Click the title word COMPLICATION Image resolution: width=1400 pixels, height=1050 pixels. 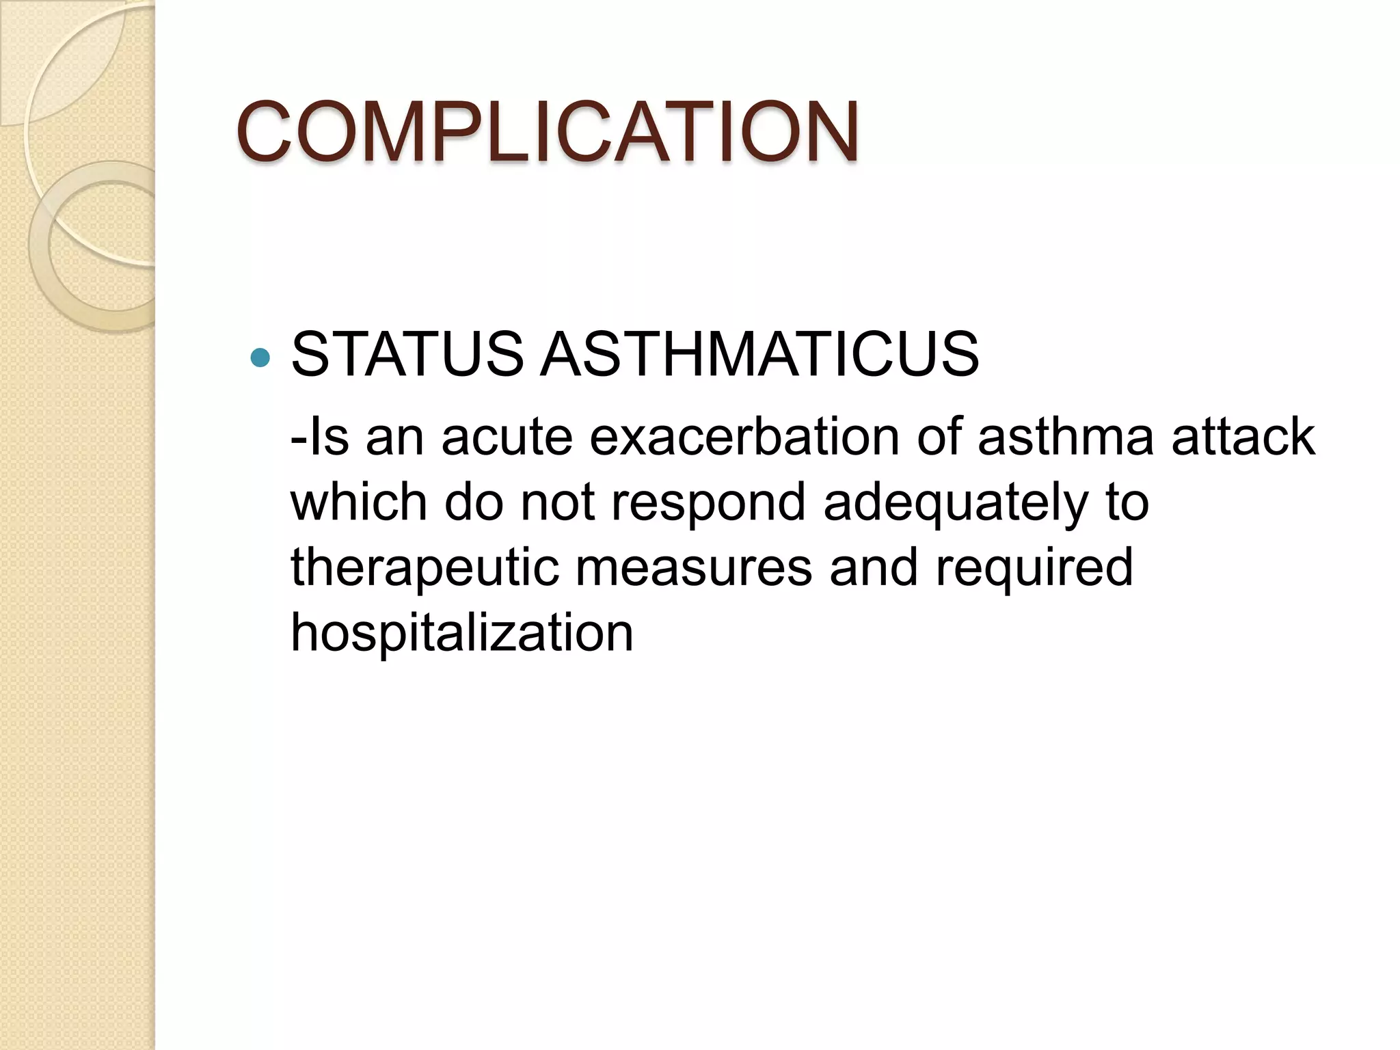(x=547, y=131)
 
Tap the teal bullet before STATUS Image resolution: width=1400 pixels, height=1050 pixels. (x=260, y=356)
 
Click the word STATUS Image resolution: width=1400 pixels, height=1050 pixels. (x=407, y=354)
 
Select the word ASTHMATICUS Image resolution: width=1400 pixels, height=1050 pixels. (x=759, y=354)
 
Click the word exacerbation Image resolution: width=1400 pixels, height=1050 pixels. (x=744, y=437)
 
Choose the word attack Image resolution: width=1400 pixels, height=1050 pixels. (x=1243, y=437)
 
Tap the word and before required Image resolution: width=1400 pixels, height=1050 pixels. (x=873, y=567)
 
